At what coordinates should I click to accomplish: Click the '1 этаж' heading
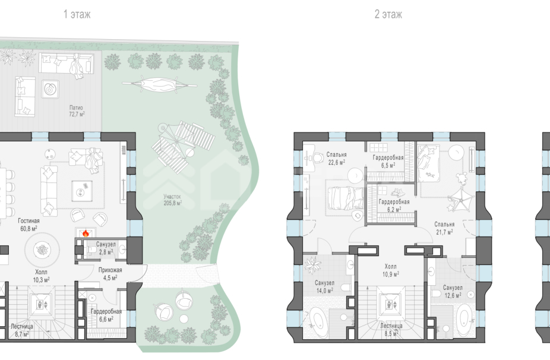click(x=77, y=14)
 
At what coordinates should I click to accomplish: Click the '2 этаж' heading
click(x=388, y=14)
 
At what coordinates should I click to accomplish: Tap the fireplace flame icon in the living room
click(x=86, y=233)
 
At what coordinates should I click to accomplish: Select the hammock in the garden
click(x=159, y=84)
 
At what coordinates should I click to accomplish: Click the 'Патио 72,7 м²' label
click(x=76, y=111)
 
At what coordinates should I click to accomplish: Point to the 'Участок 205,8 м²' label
click(x=172, y=200)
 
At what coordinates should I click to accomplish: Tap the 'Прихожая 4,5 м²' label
click(x=110, y=274)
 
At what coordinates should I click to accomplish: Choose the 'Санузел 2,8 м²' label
click(x=106, y=248)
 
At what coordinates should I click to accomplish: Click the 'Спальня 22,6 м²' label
click(x=336, y=158)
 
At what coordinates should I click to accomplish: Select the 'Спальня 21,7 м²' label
click(x=444, y=228)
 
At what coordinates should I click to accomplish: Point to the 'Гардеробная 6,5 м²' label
click(x=388, y=162)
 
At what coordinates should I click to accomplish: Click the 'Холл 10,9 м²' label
click(x=390, y=270)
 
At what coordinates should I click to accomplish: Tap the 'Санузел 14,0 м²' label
click(x=324, y=286)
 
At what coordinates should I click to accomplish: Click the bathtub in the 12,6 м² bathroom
click(x=464, y=321)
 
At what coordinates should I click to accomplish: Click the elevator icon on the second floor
click(x=390, y=305)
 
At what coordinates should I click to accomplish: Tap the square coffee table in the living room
click(x=82, y=191)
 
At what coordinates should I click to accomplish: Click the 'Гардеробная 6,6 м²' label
click(x=106, y=315)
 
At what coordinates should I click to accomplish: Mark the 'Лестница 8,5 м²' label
click(x=391, y=330)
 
